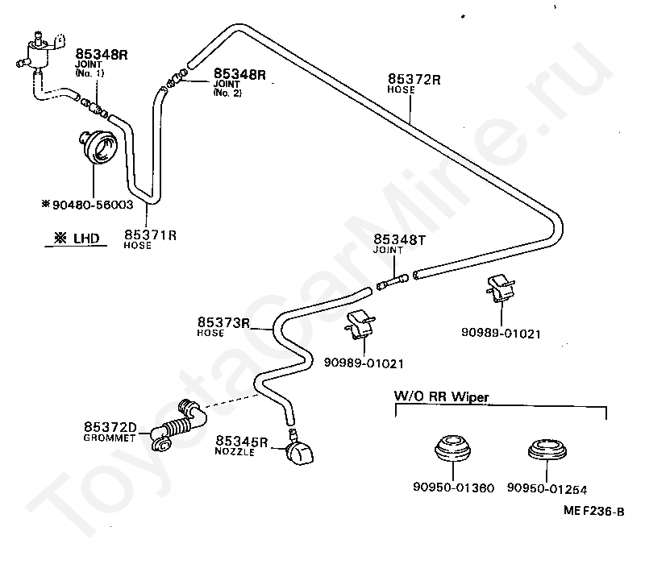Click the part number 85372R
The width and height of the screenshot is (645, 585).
click(414, 79)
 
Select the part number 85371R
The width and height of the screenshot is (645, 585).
click(150, 235)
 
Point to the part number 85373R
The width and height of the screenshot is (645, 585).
click(223, 322)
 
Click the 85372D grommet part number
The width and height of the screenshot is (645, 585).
click(110, 427)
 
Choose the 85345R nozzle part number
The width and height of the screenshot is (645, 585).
click(241, 442)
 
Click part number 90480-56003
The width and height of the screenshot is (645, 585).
click(93, 205)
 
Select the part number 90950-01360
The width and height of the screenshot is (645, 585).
click(453, 487)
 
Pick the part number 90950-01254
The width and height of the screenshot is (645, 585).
click(547, 488)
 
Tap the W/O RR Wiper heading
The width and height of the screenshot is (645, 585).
click(441, 396)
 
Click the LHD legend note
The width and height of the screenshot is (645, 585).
click(77, 238)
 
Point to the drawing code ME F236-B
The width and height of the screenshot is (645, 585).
click(593, 511)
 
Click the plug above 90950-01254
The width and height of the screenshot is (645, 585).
click(547, 449)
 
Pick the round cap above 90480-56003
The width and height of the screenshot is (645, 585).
click(98, 147)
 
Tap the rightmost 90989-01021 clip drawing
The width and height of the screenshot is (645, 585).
click(501, 288)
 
